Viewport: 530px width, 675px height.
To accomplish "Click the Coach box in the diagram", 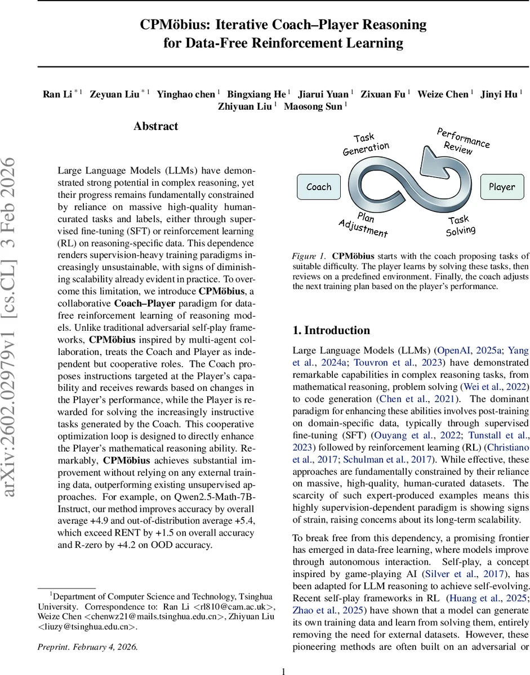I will pyautogui.click(x=319, y=187).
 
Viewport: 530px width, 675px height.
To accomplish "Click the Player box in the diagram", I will pyautogui.click(x=501, y=187).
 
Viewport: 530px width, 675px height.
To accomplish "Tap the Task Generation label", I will pyautogui.click(x=366, y=144).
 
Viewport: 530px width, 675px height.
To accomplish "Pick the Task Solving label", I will pyautogui.click(x=461, y=226).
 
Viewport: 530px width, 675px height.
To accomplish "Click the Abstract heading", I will pyautogui.click(x=155, y=127).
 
